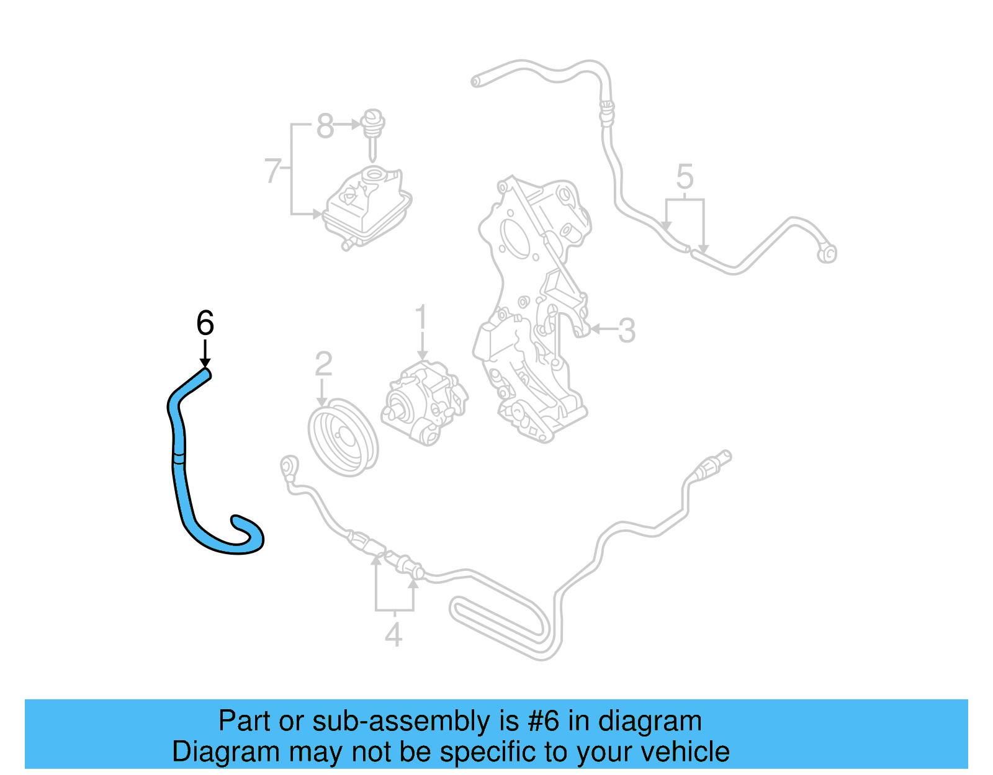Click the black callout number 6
point(205,323)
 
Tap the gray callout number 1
point(421,317)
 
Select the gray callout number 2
point(323,364)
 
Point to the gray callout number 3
point(627,330)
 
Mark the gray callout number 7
point(273,171)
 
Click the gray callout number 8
point(325,126)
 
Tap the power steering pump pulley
point(343,437)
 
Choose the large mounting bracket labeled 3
point(534,310)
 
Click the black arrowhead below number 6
point(205,362)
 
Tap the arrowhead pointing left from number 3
point(595,329)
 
